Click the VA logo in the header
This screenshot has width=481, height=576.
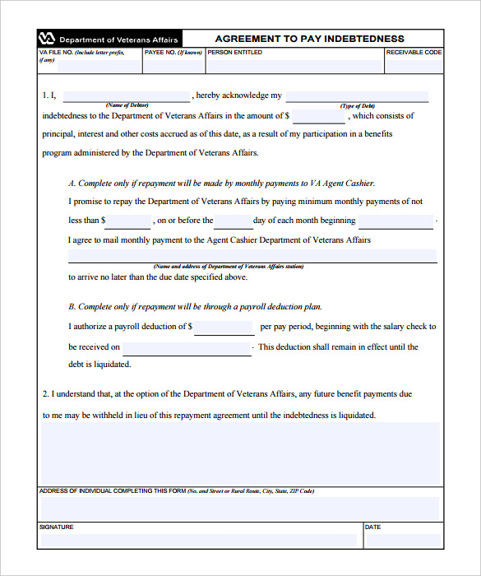[47, 39]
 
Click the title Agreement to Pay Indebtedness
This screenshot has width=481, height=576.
[309, 39]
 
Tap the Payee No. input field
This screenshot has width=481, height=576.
[173, 66]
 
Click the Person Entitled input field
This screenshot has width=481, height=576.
[294, 66]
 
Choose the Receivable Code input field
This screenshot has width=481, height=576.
[414, 66]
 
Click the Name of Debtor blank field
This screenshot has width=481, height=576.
[127, 95]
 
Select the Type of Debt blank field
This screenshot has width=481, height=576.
[357, 95]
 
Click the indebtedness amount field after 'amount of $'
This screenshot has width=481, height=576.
[319, 117]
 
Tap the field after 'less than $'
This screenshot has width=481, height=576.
[128, 221]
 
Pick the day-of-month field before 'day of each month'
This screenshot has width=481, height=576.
[233, 221]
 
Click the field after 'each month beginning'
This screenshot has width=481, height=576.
[395, 221]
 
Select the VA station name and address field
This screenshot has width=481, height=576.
[252, 256]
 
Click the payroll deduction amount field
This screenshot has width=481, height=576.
[224, 327]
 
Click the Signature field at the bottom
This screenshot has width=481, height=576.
[199, 540]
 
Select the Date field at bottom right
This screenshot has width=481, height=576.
[402, 540]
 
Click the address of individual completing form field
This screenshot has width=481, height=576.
[239, 508]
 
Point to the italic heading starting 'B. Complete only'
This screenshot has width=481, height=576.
[195, 307]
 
